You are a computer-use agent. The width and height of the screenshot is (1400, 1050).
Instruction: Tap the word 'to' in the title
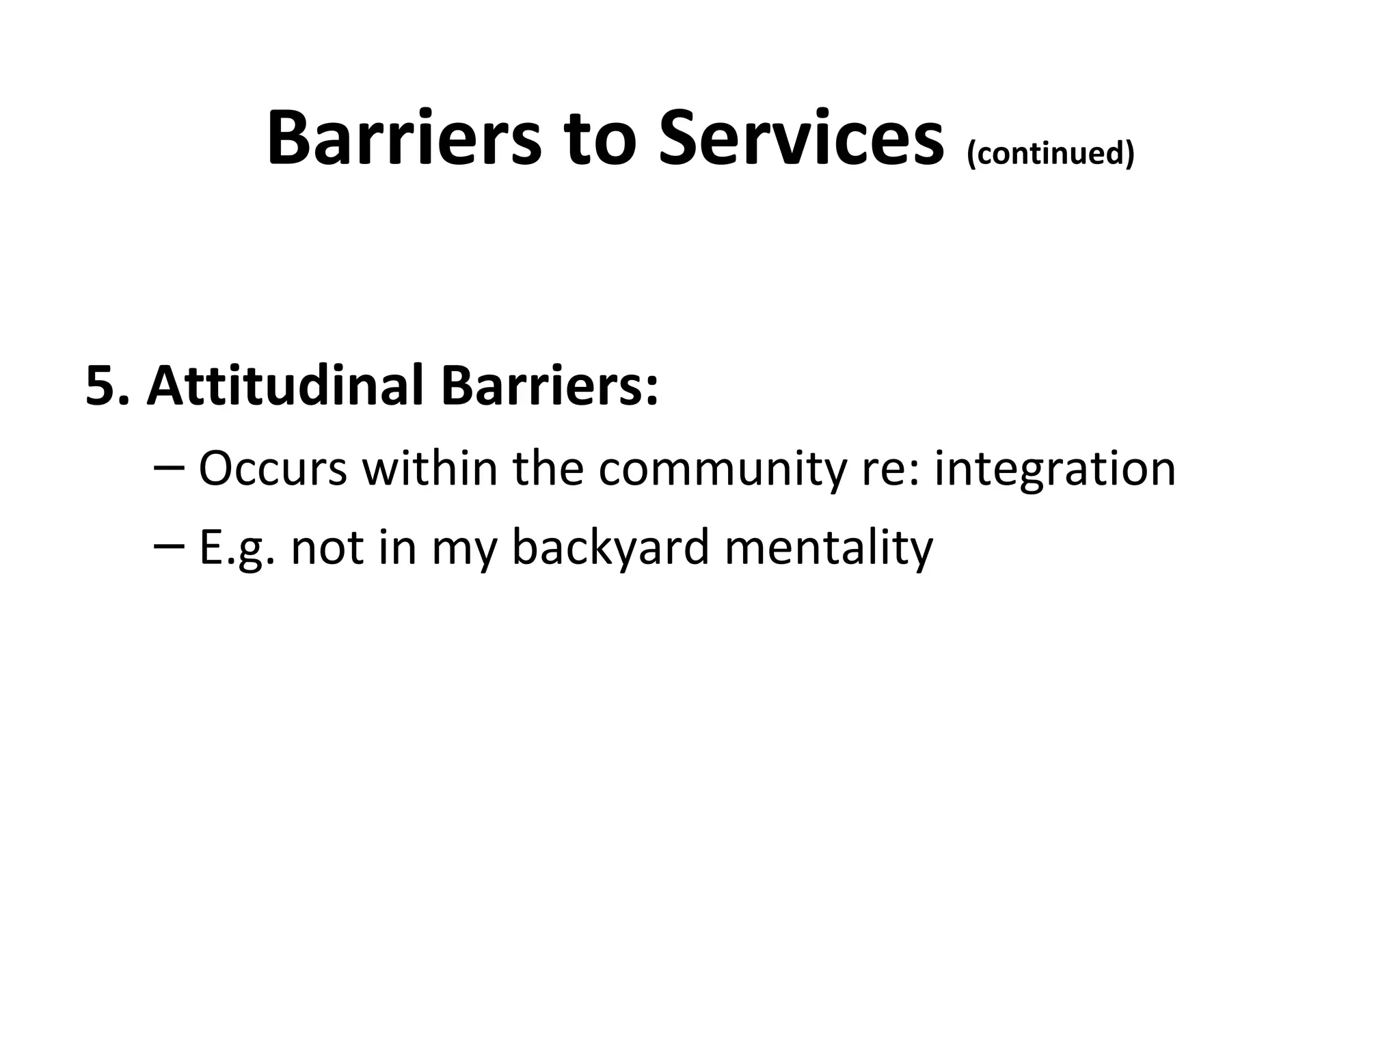(598, 140)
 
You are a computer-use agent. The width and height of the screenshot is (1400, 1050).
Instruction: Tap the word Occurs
(273, 469)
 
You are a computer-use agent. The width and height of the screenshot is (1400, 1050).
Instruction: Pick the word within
(430, 469)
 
